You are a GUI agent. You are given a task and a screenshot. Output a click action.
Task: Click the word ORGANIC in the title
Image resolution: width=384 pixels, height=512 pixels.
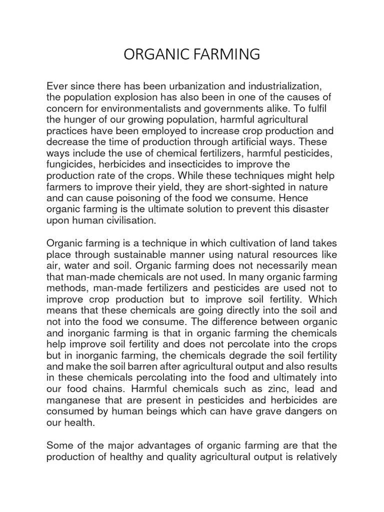(x=155, y=54)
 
